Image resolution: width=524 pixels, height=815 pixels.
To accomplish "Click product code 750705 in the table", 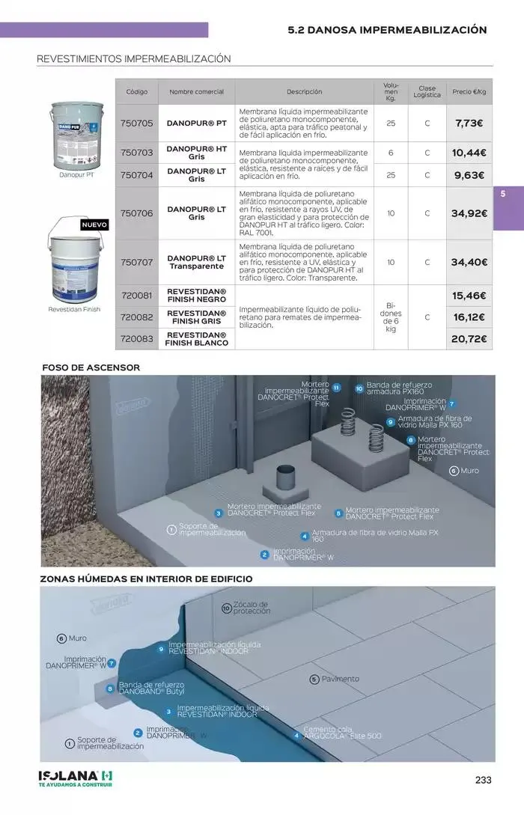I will coord(136,123).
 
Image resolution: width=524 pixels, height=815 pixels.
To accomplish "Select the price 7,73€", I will coord(469,123).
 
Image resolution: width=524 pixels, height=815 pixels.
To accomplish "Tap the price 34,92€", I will coord(469,213).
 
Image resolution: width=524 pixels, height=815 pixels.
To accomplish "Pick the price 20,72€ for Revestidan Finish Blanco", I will coord(469,339).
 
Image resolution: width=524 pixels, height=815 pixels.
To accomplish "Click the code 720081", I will coord(136,296).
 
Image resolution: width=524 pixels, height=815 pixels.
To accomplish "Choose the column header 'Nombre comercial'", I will coord(196,92).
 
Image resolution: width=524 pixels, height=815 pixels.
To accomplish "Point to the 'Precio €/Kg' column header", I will coord(469,92).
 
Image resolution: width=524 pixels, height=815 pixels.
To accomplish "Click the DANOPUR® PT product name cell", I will coord(196,123).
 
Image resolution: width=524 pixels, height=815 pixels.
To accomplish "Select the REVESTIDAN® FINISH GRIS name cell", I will coord(196,317).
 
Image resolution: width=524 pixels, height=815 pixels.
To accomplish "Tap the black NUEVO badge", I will coord(94,225).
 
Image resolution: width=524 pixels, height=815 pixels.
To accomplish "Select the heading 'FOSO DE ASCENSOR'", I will coord(91,367).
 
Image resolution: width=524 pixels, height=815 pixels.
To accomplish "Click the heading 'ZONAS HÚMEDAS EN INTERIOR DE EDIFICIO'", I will coord(146,579).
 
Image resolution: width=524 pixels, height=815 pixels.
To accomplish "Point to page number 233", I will coord(483,780).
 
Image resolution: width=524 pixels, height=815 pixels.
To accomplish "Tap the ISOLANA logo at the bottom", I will coord(75,778).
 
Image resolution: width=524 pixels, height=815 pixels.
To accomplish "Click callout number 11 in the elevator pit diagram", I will coord(337,387).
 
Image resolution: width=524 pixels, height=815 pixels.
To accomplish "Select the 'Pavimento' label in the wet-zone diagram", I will coord(340,679).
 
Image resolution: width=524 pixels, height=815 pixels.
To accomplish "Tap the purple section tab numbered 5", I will coord(504,194).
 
